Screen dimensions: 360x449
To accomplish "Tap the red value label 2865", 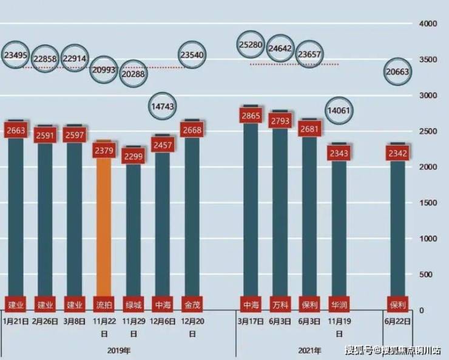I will (251, 115).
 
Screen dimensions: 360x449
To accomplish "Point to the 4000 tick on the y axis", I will (428, 24).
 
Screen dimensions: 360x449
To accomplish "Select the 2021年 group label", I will (309, 350).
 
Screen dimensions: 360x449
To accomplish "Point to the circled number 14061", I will (339, 110).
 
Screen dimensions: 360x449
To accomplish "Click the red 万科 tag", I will (280, 304).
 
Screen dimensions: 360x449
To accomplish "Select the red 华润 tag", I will (339, 304).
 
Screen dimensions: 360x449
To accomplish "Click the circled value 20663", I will (397, 72).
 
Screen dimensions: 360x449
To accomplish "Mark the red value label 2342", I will (397, 153).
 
